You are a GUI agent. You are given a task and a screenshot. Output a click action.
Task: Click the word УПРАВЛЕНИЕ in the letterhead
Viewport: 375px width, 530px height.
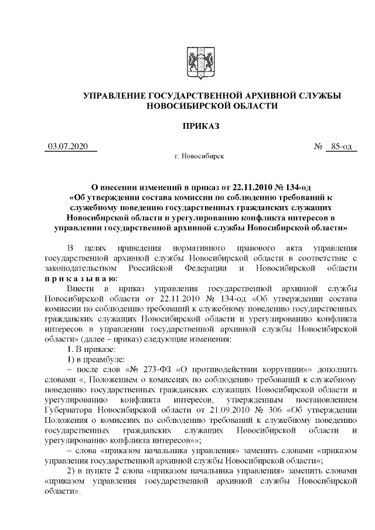(x=115, y=95)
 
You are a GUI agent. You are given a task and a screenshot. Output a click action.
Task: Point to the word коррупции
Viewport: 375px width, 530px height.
(x=264, y=372)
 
